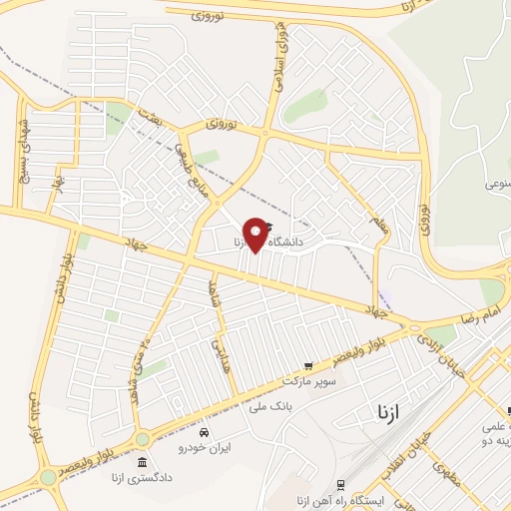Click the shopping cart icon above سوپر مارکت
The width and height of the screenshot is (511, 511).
click(307, 365)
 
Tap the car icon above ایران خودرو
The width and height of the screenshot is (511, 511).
click(204, 432)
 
